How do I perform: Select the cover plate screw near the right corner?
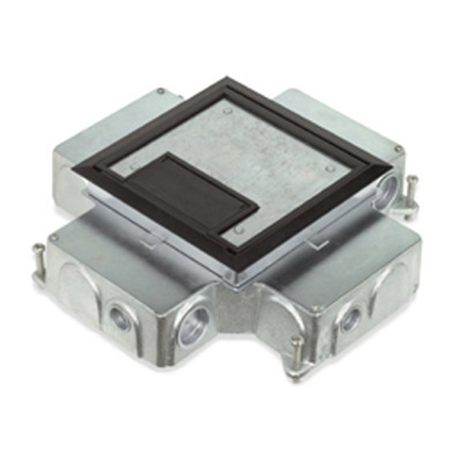[x=330, y=168]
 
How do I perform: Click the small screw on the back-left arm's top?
[x=160, y=91]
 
